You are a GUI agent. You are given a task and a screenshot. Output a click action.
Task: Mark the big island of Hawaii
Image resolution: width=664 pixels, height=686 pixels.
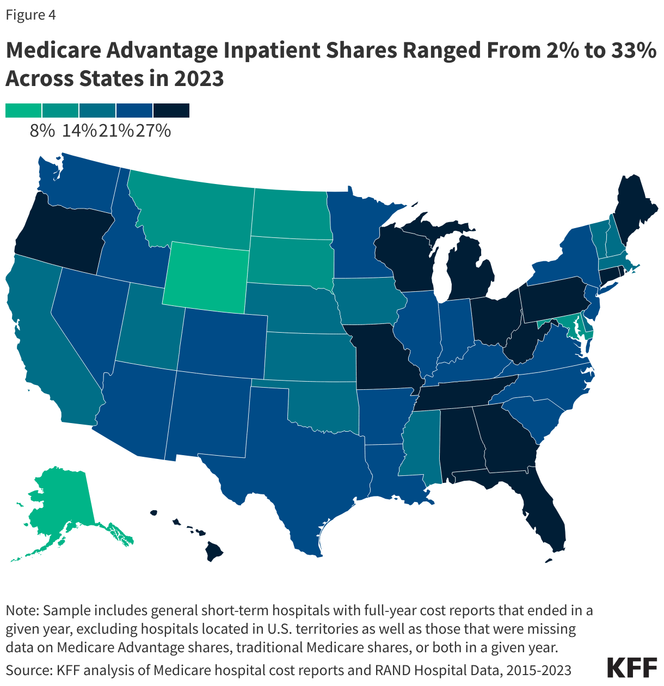click(214, 553)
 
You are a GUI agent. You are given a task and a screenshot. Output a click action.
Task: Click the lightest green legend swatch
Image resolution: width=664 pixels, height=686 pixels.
click(23, 111)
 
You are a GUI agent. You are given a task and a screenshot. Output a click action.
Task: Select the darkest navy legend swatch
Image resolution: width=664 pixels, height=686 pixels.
click(171, 111)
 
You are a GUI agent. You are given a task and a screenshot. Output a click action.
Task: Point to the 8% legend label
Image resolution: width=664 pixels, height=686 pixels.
click(42, 131)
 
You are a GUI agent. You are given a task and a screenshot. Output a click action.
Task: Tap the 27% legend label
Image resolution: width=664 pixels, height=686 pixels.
click(153, 131)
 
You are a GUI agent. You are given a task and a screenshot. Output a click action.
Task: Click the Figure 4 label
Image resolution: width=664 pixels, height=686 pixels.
click(31, 15)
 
